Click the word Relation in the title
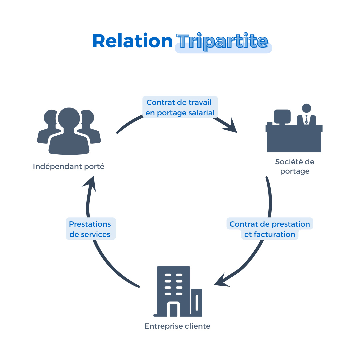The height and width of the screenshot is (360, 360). coord(132,41)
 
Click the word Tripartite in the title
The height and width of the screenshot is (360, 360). coord(222,42)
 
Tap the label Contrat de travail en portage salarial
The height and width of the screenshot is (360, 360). coord(180,107)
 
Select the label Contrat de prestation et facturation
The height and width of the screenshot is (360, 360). coord(270,229)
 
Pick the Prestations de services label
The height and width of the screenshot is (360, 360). coord(90,229)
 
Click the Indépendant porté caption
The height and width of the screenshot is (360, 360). coord(69,166)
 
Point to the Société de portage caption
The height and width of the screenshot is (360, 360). coord(295,166)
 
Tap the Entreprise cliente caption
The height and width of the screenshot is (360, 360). coord(177,326)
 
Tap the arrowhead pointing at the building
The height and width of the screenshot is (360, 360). coord(221,281)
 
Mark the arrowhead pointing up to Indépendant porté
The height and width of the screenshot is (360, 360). coord(90,183)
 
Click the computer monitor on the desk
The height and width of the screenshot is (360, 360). coord(282,116)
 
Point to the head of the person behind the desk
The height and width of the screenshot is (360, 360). coord(306,108)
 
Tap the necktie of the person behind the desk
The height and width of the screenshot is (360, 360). coord(306,119)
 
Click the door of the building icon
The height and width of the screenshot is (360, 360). coord(173,310)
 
